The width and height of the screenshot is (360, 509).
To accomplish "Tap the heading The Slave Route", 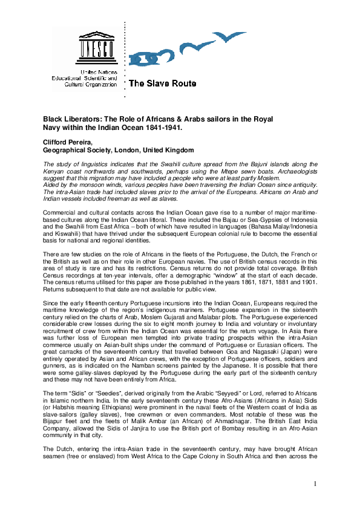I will click(x=162, y=84).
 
